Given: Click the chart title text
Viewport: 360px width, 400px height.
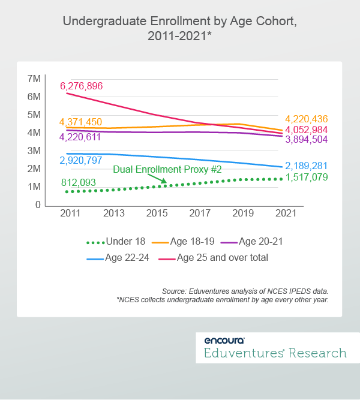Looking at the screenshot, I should click(180, 29).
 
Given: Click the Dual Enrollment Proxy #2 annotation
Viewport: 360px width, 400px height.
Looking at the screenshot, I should click(167, 170).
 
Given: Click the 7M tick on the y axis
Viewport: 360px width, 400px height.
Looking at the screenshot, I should click(34, 79).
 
